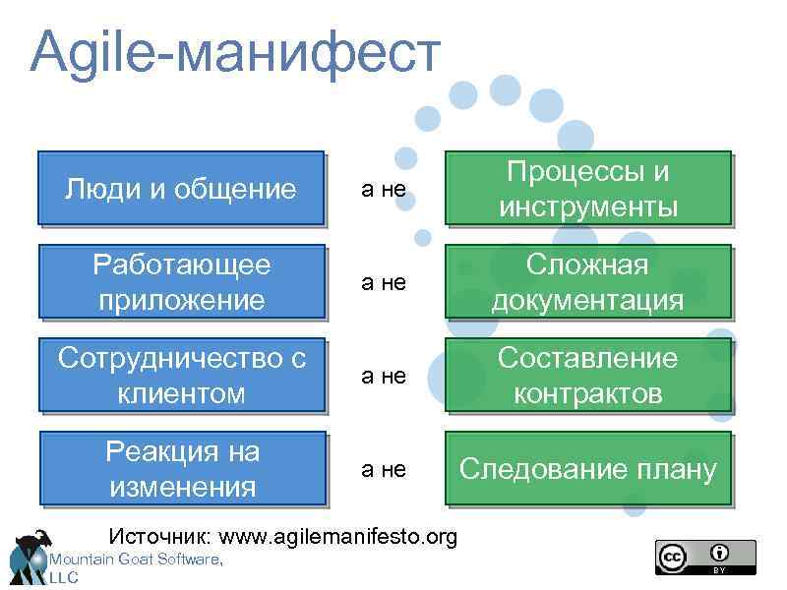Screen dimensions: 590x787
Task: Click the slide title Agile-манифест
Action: point(236,51)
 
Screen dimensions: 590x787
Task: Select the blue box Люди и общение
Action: point(181,188)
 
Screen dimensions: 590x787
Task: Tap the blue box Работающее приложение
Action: point(181,281)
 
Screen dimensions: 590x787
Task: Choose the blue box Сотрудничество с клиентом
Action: point(181,375)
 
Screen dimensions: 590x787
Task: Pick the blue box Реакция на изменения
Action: point(181,468)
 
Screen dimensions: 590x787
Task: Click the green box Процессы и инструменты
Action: point(587,188)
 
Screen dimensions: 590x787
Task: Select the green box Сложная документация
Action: point(587,281)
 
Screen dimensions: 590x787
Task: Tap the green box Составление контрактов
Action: point(587,375)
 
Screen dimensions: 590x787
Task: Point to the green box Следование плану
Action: point(587,468)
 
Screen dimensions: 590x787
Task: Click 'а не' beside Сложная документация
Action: point(384,282)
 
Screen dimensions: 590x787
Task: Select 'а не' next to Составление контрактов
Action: point(384,376)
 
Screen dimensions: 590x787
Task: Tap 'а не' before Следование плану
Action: point(384,469)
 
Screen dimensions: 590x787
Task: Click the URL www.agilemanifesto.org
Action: point(338,537)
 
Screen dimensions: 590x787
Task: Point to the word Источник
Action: point(159,537)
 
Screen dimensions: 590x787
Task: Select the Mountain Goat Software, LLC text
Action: point(133,560)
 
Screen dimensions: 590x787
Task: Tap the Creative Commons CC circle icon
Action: point(673,557)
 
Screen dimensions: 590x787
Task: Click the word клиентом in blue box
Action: point(181,393)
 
